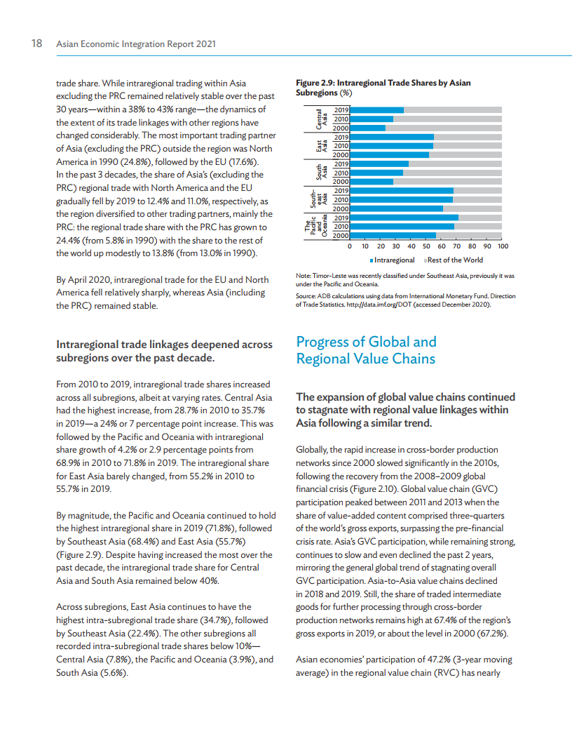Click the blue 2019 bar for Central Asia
click(x=376, y=110)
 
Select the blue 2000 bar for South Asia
click(x=372, y=182)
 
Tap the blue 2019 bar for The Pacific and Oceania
click(x=404, y=218)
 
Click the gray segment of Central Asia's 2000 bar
click(x=443, y=128)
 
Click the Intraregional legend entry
click(x=393, y=260)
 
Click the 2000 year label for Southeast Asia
click(x=341, y=208)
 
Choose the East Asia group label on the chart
click(x=321, y=146)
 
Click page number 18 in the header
click(x=38, y=44)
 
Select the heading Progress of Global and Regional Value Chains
click(x=366, y=350)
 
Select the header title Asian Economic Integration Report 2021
click(x=135, y=44)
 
